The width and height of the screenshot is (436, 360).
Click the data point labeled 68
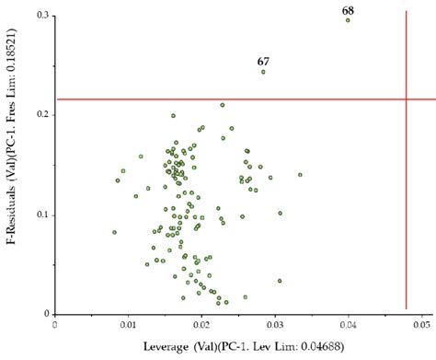pos(348,19)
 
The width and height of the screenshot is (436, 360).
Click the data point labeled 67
pos(263,71)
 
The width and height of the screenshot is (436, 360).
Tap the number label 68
pos(348,8)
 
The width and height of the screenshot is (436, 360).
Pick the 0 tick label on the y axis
pos(48,314)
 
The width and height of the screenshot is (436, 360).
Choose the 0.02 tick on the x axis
pos(201,325)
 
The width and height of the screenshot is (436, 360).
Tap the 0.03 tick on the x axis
pos(275,325)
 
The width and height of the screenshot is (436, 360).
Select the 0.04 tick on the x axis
pos(349,325)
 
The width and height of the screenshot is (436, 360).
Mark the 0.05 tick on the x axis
pos(421,325)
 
